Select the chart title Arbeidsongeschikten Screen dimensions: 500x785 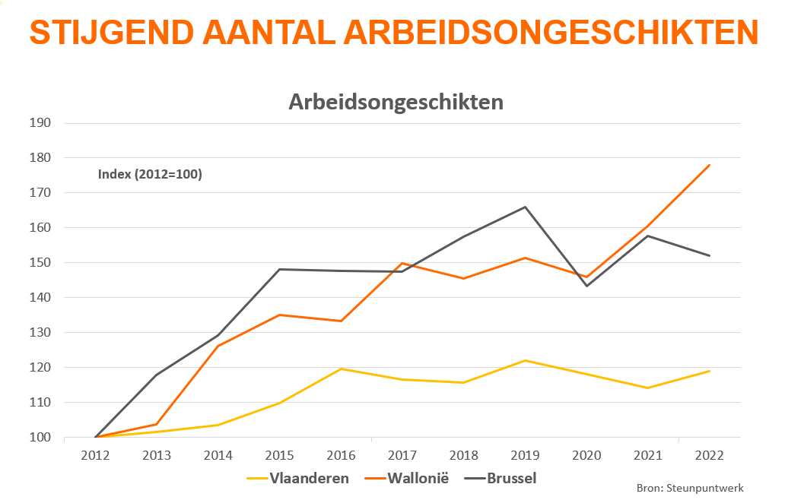(396, 102)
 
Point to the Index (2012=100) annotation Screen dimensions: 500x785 (150, 174)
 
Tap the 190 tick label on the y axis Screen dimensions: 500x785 (40, 123)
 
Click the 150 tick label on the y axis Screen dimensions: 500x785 (40, 263)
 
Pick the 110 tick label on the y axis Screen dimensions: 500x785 (40, 403)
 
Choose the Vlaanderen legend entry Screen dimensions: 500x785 (299, 478)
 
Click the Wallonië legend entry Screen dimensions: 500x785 (407, 478)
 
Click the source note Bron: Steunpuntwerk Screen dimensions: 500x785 (689, 488)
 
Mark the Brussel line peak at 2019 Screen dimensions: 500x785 (525, 207)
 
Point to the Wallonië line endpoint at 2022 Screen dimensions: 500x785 (709, 165)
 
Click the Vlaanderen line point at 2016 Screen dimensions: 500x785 (341, 369)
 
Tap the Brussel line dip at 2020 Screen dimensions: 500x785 (586, 286)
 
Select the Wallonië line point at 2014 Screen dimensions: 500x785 (218, 347)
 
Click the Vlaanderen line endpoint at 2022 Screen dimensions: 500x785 (709, 371)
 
